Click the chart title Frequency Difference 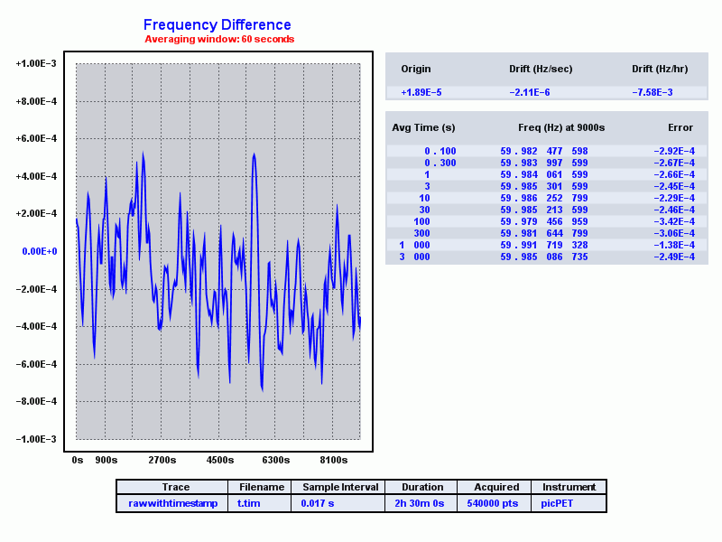[217, 25]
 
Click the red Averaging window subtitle [219, 40]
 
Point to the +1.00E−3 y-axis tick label [36, 64]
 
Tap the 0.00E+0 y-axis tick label [40, 251]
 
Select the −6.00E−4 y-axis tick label [36, 364]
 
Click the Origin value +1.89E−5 [421, 92]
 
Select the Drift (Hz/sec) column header [541, 69]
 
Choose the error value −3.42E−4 [673, 221]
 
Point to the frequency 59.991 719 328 [544, 245]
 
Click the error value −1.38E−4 [673, 245]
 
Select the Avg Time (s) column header [423, 127]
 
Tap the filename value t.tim [248, 503]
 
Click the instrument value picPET [557, 503]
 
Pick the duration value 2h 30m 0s [418, 503]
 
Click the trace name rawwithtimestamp [173, 503]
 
